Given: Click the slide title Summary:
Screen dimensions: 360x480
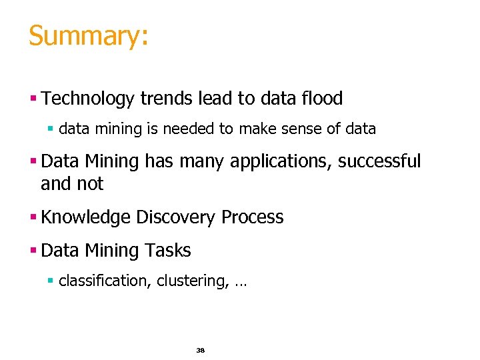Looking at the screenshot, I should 88,36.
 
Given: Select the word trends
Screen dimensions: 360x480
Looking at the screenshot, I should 167,99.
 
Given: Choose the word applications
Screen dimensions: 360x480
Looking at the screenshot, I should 281,161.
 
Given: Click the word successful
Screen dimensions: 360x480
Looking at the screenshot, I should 379,161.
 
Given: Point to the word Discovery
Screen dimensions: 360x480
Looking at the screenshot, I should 176,218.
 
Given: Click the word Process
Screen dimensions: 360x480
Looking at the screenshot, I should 253,217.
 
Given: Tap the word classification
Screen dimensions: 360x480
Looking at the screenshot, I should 105,281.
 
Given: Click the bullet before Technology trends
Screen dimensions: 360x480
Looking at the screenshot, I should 33,99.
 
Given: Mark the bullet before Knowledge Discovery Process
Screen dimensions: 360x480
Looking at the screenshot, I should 33,218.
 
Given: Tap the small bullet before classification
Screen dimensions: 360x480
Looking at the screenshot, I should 51,281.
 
